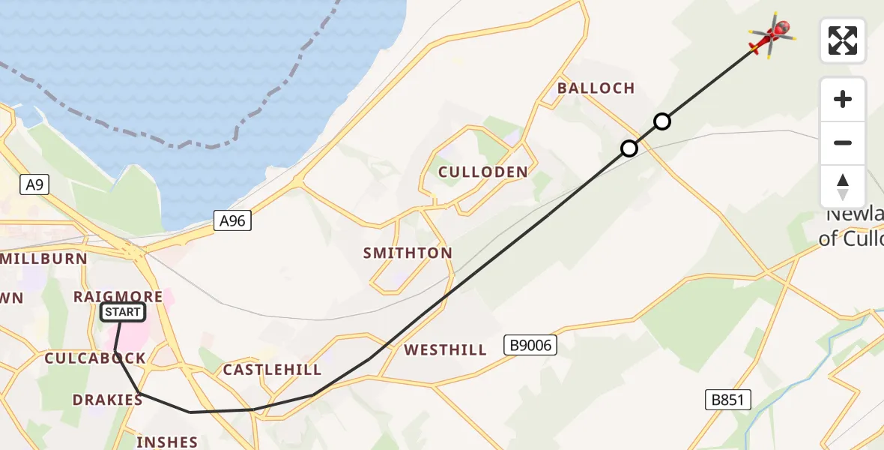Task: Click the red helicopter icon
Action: click(x=771, y=35)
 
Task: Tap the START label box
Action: click(x=122, y=311)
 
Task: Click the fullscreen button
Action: click(x=842, y=40)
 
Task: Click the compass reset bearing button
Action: click(x=842, y=187)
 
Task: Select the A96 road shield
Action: click(x=231, y=220)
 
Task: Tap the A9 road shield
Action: click(x=34, y=184)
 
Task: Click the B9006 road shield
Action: click(x=530, y=344)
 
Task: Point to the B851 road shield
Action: click(x=727, y=400)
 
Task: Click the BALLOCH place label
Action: click(x=596, y=88)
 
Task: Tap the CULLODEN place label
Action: click(x=482, y=172)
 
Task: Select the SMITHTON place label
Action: click(x=408, y=253)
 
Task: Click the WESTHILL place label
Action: click(x=445, y=350)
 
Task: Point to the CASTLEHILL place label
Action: click(x=272, y=370)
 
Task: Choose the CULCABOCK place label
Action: click(x=94, y=358)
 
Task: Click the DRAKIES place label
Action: click(x=107, y=400)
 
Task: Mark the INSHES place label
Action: click(x=166, y=442)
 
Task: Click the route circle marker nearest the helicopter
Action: click(x=662, y=121)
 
